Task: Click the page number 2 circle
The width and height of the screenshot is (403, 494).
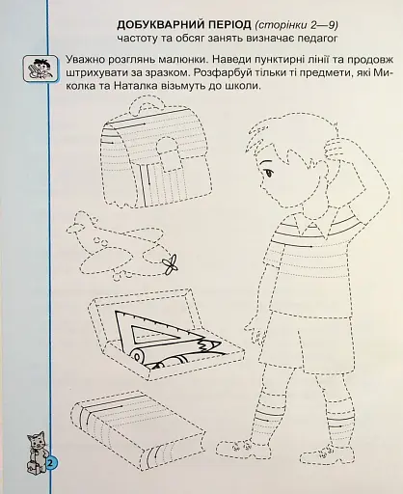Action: tap(49, 464)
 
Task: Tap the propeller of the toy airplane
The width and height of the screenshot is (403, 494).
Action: tap(171, 262)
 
